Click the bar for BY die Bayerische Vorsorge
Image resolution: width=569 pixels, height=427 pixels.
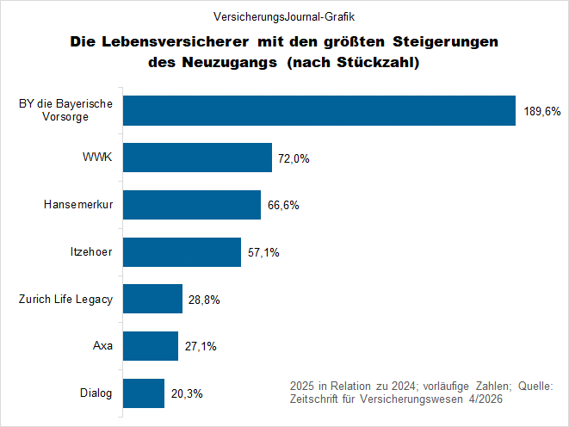pyautogui.click(x=319, y=111)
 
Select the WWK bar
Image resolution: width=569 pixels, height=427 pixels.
pyautogui.click(x=198, y=158)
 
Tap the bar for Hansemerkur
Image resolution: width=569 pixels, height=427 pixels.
pyautogui.click(x=192, y=205)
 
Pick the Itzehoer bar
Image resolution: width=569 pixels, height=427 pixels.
pyautogui.click(x=182, y=252)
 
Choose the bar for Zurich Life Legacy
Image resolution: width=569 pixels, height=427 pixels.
pyautogui.click(x=153, y=300)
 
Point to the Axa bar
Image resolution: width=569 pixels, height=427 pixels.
pyautogui.click(x=152, y=346)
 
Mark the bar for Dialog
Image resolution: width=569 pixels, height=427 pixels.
pyautogui.click(x=144, y=393)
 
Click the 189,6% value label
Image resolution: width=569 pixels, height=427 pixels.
pyautogui.click(x=541, y=112)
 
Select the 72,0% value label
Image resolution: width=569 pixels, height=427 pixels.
pyautogui.click(x=294, y=159)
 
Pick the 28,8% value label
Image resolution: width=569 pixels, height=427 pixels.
pyautogui.click(x=204, y=300)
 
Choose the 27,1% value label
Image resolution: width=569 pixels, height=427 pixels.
pyautogui.click(x=200, y=347)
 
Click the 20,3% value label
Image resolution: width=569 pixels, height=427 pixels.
pyautogui.click(x=187, y=394)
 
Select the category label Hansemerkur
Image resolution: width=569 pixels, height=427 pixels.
pyautogui.click(x=79, y=206)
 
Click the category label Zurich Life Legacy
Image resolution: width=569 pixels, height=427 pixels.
pyautogui.click(x=65, y=300)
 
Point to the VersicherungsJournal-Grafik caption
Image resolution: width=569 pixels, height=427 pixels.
pyautogui.click(x=284, y=16)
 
